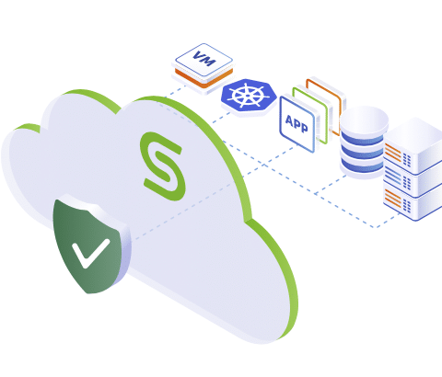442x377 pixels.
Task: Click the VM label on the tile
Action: tap(204, 59)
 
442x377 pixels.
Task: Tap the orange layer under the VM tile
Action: tap(204, 78)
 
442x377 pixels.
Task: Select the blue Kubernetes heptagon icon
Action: tap(249, 96)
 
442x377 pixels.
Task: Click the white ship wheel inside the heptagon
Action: tap(248, 95)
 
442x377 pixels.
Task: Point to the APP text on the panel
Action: tap(297, 124)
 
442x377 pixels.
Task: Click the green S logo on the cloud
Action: tap(163, 166)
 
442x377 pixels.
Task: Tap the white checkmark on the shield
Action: tap(91, 253)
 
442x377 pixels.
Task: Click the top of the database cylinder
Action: tap(364, 120)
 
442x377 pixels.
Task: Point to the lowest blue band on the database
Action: tap(362, 166)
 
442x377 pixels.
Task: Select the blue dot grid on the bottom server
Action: tap(407, 206)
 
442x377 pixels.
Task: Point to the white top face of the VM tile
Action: tap(204, 61)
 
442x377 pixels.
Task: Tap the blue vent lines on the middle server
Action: tap(393, 177)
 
